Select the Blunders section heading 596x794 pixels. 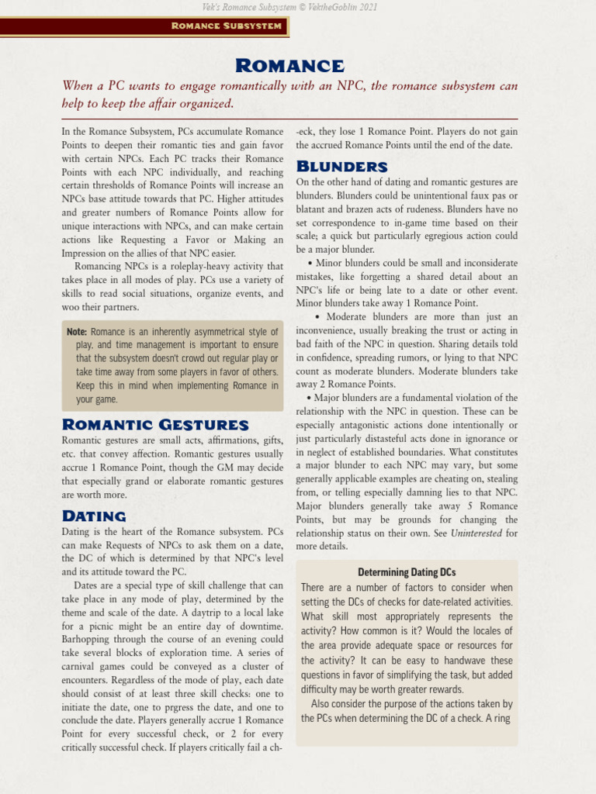341,166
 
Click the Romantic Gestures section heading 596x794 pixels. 155,424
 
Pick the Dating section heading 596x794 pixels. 94,516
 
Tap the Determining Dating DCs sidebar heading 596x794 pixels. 407,572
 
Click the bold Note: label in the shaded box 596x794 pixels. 77,332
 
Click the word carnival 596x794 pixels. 81,667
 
